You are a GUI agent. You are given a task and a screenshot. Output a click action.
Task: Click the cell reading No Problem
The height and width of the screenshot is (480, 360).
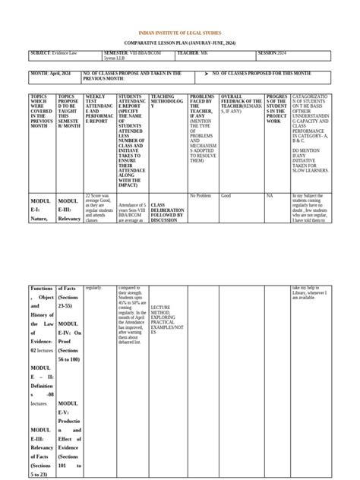[200, 195]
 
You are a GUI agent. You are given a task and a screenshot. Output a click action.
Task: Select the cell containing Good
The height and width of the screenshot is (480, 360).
[226, 195]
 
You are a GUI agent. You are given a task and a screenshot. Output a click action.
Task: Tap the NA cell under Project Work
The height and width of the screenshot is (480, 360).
[269, 195]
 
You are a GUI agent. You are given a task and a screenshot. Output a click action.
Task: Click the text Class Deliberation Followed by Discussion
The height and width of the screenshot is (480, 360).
[167, 209]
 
